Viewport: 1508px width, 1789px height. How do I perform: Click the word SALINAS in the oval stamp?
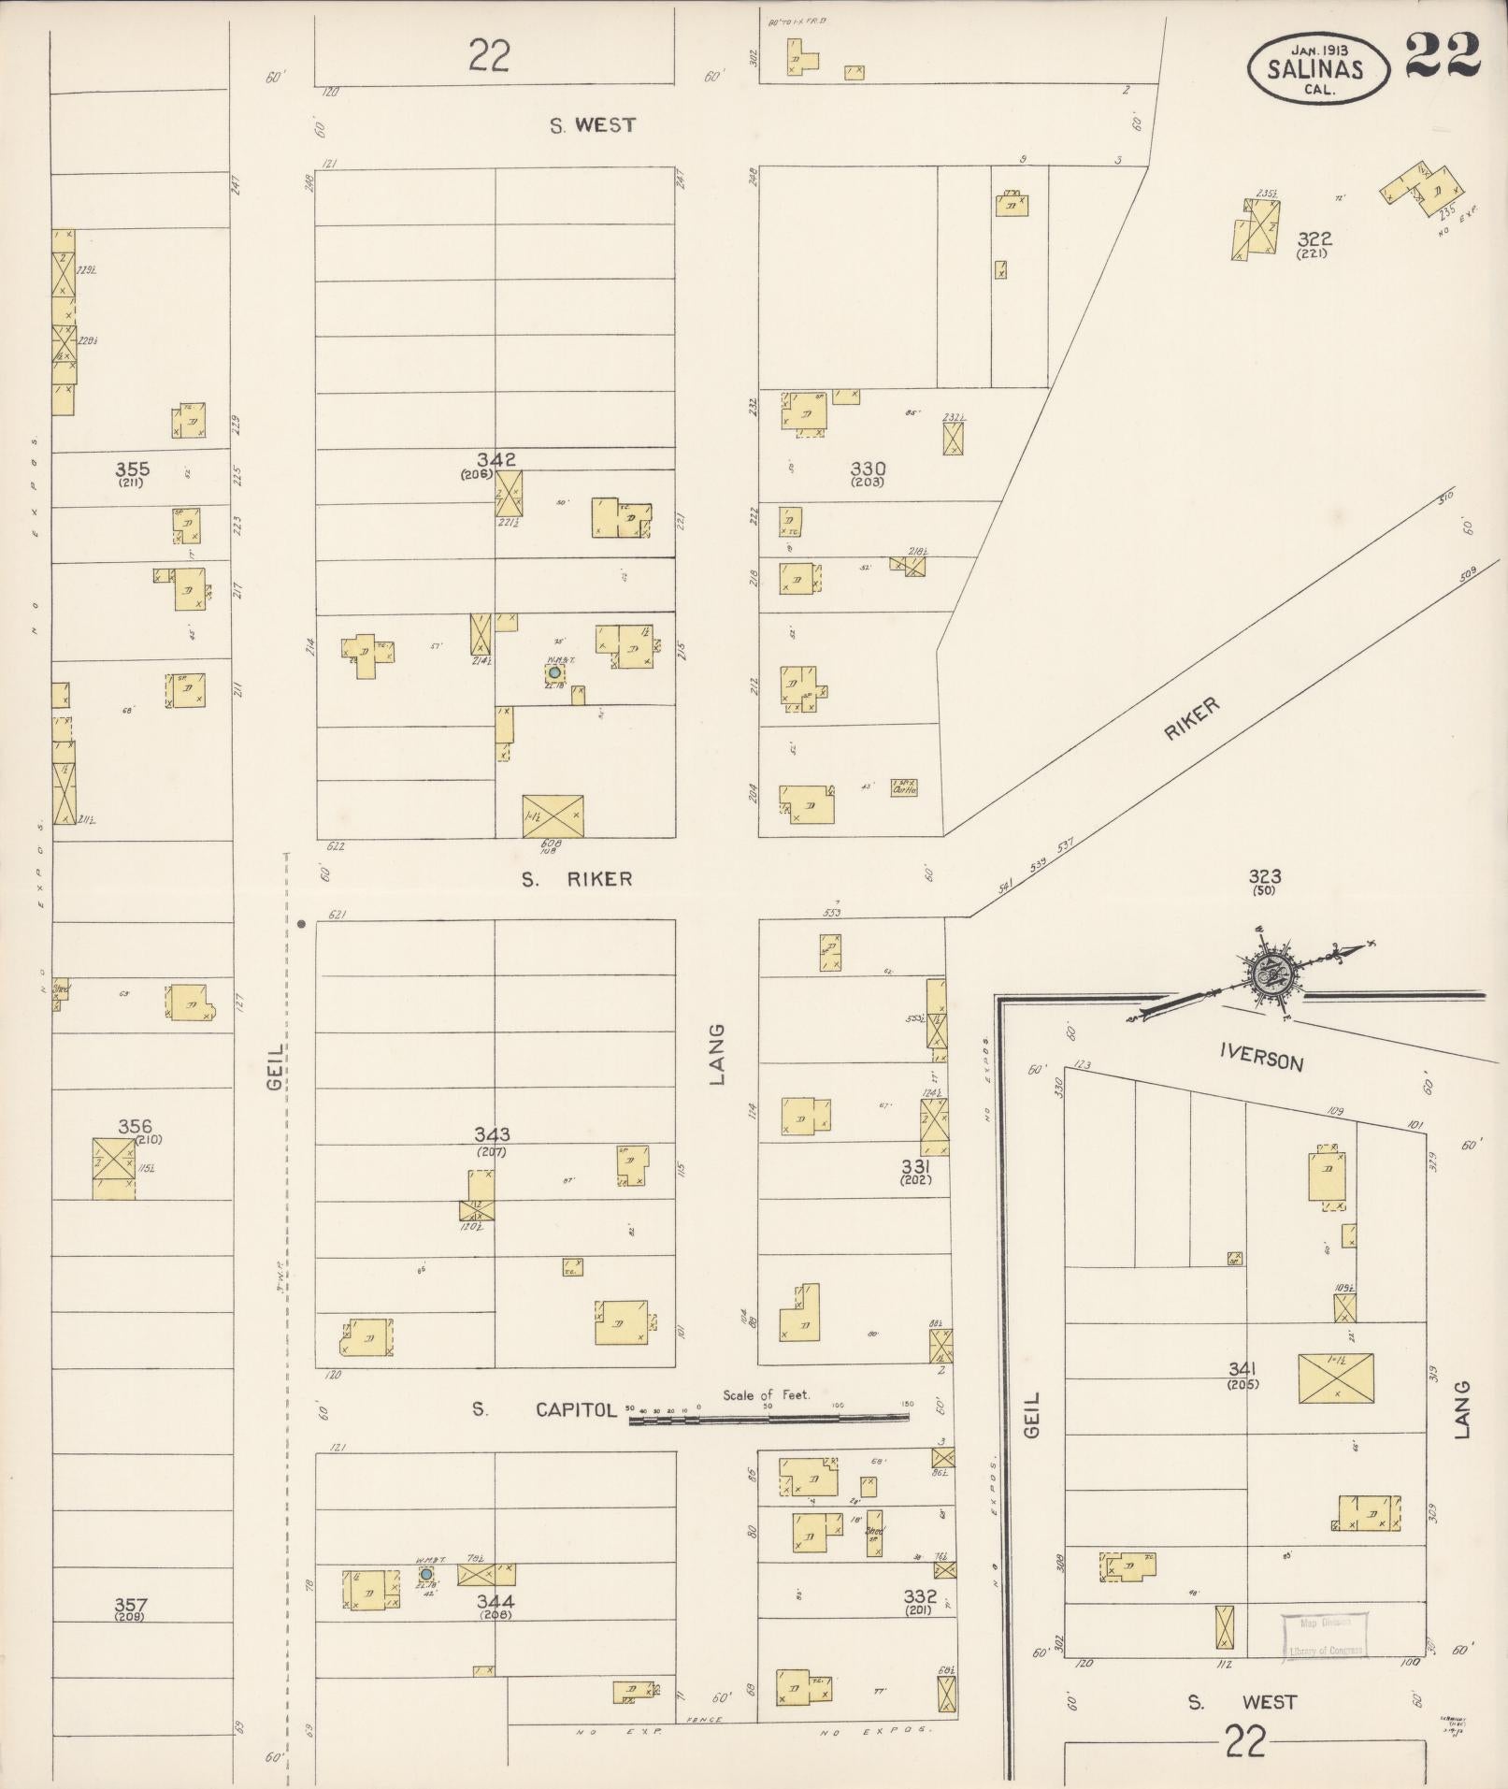[1314, 68]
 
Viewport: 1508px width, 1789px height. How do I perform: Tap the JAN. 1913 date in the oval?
[1319, 48]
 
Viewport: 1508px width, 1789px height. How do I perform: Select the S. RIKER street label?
[577, 879]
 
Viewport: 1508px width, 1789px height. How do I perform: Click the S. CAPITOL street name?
[575, 1409]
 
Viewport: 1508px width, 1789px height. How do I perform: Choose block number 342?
[495, 459]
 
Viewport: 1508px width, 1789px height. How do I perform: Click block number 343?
[492, 1135]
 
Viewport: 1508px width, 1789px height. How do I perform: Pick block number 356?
[135, 1127]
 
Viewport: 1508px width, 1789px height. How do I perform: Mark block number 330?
[868, 469]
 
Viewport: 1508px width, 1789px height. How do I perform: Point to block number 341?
[1242, 1370]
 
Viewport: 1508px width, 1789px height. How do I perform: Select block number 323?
[1264, 876]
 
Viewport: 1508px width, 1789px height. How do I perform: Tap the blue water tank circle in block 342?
[554, 672]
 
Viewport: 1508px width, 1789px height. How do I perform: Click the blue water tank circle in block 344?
[426, 1574]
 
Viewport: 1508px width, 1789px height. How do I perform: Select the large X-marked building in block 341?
[1336, 1378]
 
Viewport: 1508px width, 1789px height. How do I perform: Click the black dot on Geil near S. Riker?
[302, 924]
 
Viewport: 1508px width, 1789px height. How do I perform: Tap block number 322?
[1313, 239]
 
